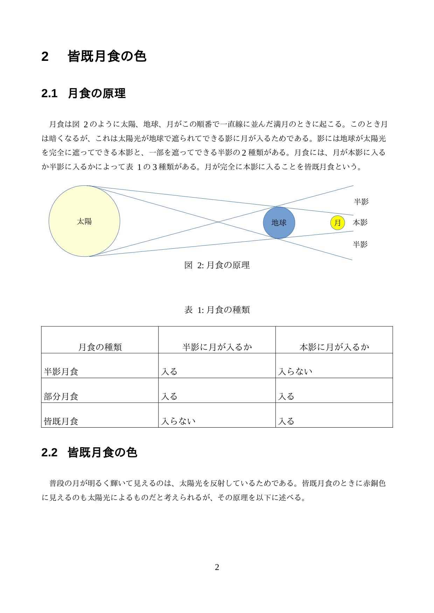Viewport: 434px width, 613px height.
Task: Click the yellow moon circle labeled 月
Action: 337,223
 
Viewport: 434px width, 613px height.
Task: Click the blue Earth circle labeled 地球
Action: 279,223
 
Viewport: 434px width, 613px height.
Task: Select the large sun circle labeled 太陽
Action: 84,221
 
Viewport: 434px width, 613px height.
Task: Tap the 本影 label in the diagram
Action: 360,222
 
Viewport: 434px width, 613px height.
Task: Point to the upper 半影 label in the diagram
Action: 361,202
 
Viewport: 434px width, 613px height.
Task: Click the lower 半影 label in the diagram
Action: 360,244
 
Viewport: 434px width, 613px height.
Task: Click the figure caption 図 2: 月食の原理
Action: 217,265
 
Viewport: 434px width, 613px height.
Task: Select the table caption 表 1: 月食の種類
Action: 217,310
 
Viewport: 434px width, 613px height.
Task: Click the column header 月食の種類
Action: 100,347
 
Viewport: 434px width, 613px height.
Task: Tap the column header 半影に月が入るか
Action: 217,347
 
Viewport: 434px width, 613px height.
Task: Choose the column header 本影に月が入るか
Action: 334,347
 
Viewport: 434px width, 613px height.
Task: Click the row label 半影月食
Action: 61,372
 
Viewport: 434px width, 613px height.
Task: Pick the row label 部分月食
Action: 61,397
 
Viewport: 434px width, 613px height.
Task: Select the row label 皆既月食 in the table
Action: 61,421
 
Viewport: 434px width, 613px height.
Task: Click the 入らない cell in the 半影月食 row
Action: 295,372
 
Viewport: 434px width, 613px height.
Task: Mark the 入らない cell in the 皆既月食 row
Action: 178,421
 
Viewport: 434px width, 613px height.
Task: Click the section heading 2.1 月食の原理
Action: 83,93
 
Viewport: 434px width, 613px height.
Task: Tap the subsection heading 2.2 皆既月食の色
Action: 89,452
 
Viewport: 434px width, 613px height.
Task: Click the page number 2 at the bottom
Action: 217,567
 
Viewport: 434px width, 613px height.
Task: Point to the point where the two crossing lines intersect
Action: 218,222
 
